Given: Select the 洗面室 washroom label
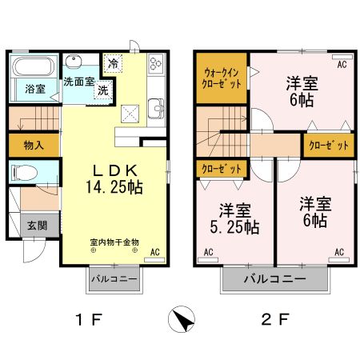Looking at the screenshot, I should [x=79, y=81].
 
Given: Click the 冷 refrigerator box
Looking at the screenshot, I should [x=113, y=63].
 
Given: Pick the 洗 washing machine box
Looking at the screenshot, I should [x=102, y=90].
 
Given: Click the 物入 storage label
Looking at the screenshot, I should [x=33, y=146].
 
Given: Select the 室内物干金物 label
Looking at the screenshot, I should [x=114, y=241].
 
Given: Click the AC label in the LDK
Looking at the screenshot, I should [x=155, y=253].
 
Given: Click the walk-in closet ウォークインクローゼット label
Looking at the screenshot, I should [x=220, y=78].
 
